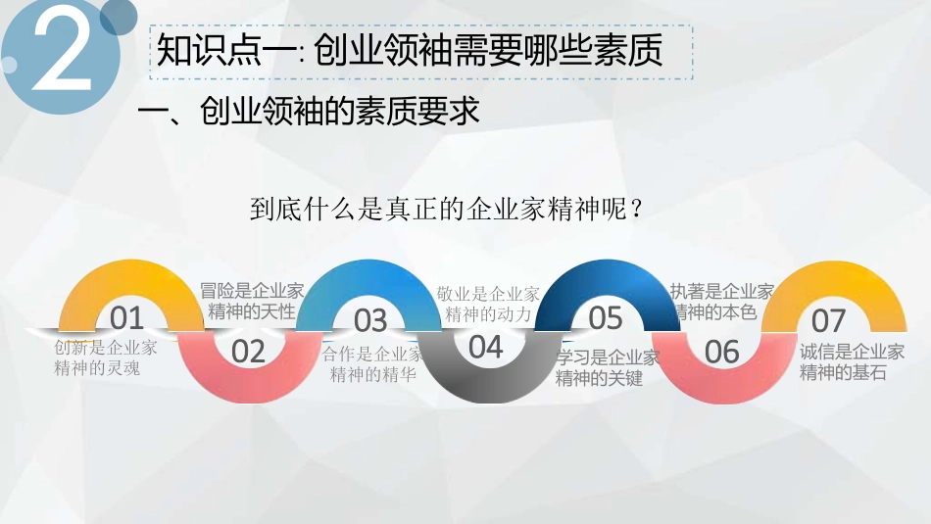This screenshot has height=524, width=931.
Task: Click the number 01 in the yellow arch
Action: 126,318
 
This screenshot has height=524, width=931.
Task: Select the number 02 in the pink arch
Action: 249,351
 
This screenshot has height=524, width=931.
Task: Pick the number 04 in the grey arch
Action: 486,347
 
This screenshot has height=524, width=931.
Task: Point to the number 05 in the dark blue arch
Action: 606,317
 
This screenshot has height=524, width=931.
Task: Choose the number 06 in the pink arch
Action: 722,352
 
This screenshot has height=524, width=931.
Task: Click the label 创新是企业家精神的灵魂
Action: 105,357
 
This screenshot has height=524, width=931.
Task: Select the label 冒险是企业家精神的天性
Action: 252,301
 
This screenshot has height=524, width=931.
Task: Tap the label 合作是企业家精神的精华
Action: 371,363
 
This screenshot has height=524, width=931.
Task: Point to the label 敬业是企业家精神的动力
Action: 488,304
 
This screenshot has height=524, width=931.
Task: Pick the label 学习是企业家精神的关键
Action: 608,367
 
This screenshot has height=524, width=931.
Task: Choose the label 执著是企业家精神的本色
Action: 721,301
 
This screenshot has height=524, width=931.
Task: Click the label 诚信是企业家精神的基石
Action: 852,361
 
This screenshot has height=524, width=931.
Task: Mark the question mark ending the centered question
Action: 636,211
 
